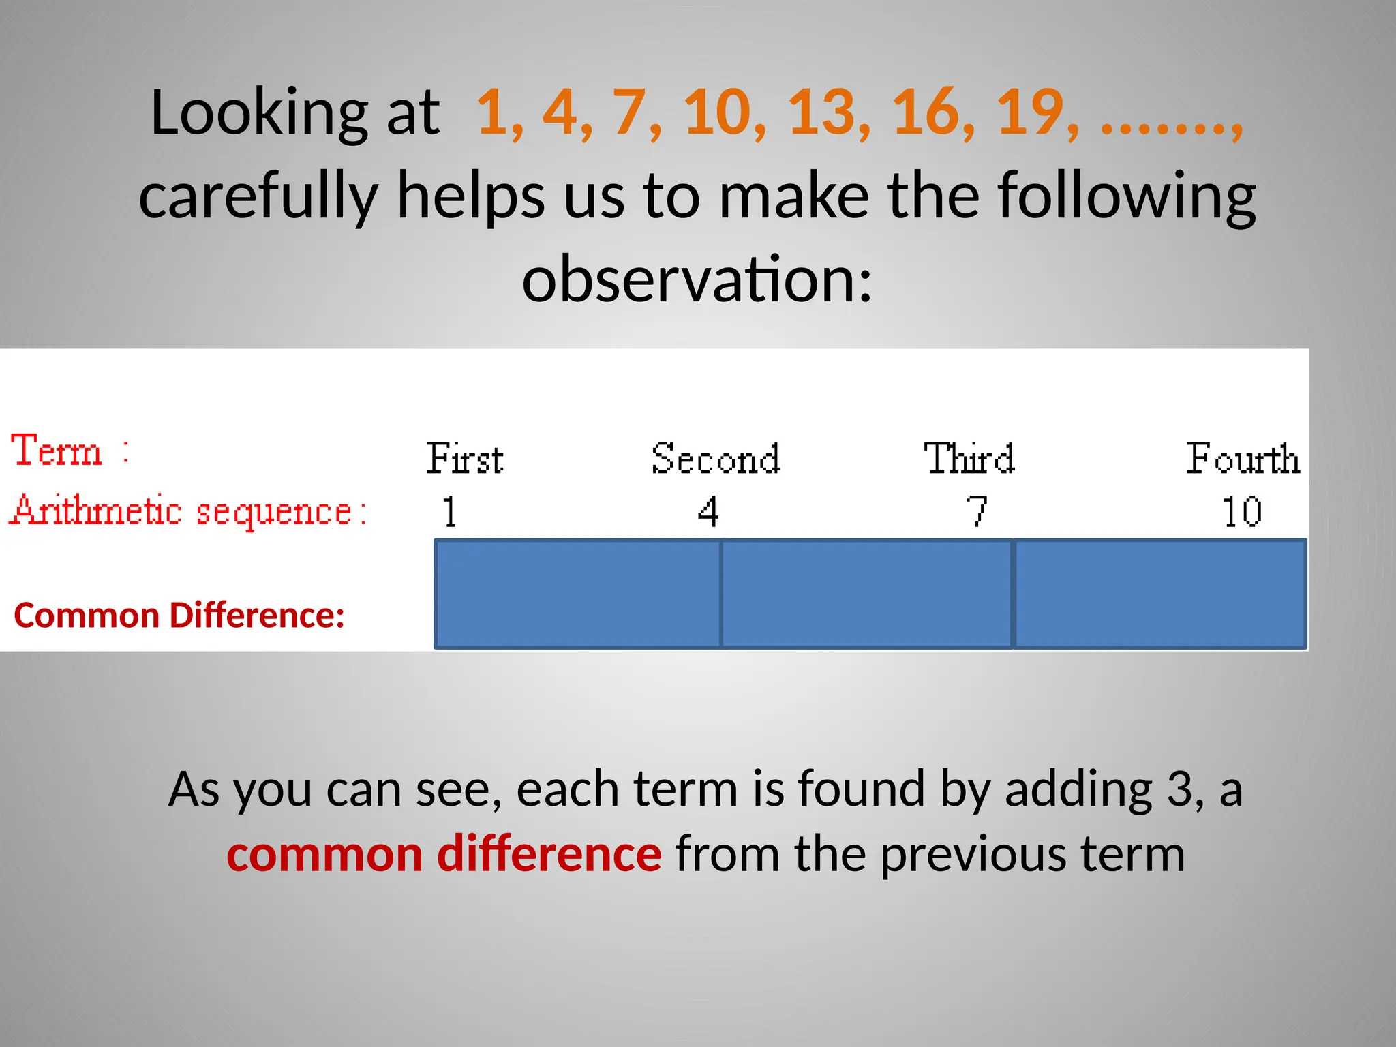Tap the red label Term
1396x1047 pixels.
(57, 451)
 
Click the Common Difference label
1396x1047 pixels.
(179, 616)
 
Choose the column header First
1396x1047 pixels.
(465, 458)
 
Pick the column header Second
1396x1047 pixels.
(715, 458)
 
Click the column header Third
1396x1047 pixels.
(969, 458)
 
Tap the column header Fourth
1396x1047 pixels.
(1242, 458)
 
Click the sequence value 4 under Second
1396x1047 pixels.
(708, 512)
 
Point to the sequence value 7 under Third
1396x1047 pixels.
(977, 512)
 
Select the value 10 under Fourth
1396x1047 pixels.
(1241, 512)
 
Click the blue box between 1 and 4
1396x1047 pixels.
(577, 594)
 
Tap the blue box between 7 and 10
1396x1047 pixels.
(1159, 594)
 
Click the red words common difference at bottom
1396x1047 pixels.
(444, 854)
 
